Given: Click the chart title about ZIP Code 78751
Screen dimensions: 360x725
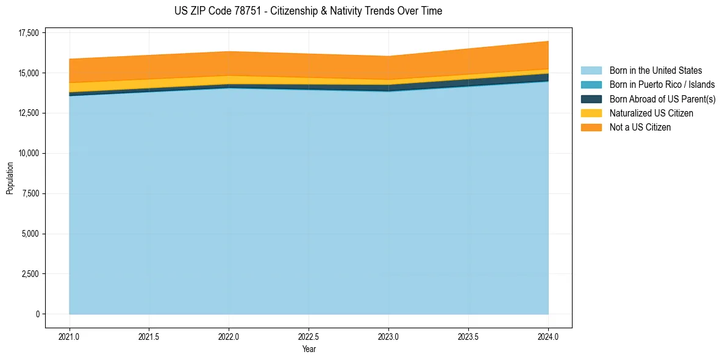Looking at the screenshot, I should [308, 11].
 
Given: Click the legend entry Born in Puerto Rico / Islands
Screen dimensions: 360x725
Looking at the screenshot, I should [662, 85].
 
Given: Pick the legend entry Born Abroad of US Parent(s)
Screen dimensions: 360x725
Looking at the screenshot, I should [662, 99].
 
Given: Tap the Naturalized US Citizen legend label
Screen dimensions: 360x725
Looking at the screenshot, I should [651, 113].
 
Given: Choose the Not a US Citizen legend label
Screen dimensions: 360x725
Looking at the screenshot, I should [640, 128].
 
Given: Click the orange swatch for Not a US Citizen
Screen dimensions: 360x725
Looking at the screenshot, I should [591, 128].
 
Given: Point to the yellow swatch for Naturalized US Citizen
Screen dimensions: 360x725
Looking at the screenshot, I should [591, 113].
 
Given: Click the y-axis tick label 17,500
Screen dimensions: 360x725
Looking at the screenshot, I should [28, 33].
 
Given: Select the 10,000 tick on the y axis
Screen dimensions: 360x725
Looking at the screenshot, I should [28, 153].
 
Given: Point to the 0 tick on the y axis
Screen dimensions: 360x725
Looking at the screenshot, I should [37, 314].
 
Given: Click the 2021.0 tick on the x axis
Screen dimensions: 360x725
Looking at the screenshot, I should [69, 336].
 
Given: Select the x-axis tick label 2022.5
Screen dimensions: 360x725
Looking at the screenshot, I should [309, 336].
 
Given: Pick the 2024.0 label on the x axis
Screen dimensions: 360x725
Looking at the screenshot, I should [548, 336].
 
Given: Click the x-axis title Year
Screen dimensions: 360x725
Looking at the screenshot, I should [309, 349].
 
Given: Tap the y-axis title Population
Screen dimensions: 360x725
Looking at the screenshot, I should [10, 178].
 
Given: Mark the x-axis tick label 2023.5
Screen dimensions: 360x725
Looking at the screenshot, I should [468, 336].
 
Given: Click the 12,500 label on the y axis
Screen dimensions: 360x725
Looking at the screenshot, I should [28, 113].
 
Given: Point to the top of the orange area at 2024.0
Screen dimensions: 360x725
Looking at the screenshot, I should [548, 41].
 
